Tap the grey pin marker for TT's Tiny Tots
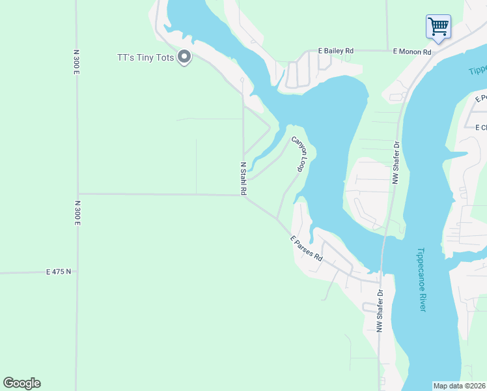(184, 58)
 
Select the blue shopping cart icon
(438, 27)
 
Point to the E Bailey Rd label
(335, 50)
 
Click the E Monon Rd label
(412, 51)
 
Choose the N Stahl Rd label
(244, 179)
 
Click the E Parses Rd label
(307, 249)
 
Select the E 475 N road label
(59, 271)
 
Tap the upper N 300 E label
(76, 62)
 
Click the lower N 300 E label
(76, 213)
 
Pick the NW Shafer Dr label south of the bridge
(380, 313)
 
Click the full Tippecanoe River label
(421, 280)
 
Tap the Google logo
(21, 383)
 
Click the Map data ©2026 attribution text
(459, 386)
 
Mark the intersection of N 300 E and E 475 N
(77, 271)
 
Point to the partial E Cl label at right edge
(481, 127)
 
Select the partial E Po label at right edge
(481, 98)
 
